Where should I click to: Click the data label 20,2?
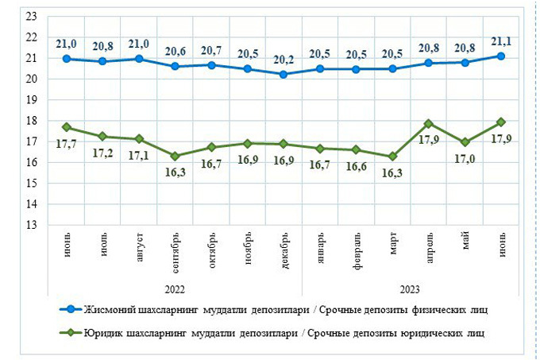pos(285,59)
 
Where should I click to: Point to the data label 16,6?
pos(357,165)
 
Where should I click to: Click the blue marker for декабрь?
pos(285,74)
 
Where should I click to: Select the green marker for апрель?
pos(429,123)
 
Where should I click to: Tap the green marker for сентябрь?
pos(175,156)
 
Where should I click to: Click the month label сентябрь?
pos(175,253)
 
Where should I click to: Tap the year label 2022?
pos(175,289)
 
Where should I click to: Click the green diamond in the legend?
pos(70,331)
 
